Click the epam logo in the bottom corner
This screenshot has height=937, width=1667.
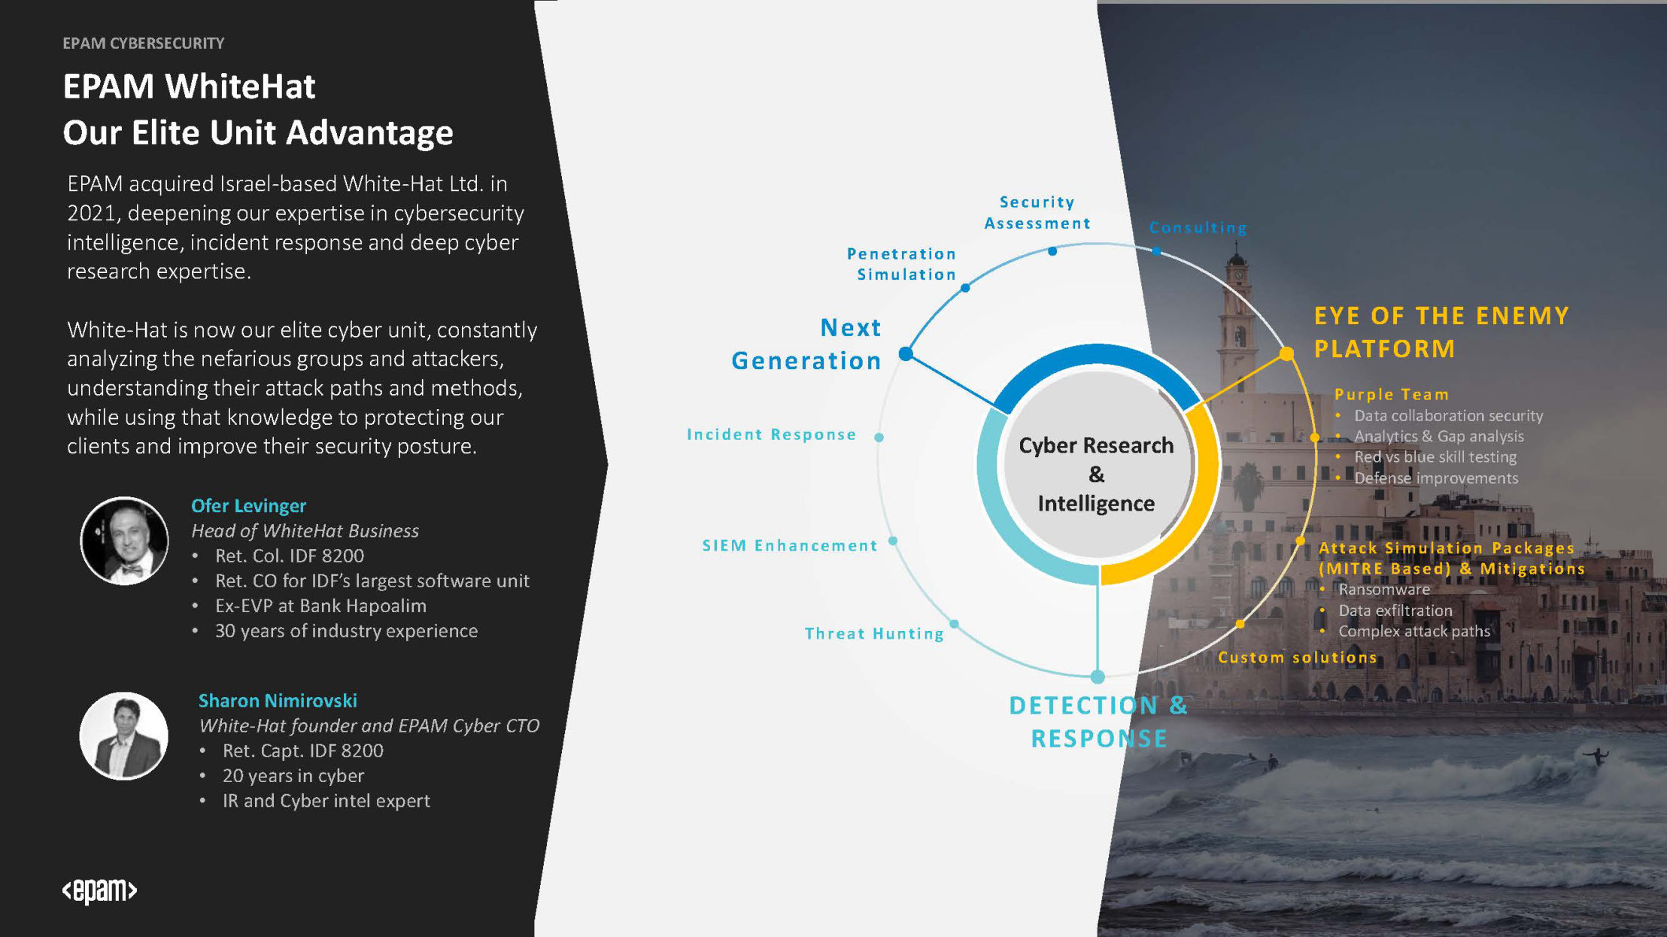click(x=99, y=890)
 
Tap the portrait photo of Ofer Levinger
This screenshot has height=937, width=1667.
click(x=124, y=540)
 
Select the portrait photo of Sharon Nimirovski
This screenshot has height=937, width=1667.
click(x=124, y=735)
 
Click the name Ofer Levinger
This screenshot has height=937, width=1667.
click(x=248, y=506)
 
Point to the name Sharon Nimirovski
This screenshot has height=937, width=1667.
click(x=278, y=701)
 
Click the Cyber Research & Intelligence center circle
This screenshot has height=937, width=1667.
click(x=1097, y=465)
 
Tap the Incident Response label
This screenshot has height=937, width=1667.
click(x=772, y=435)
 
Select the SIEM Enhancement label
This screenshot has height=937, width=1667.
click(x=790, y=546)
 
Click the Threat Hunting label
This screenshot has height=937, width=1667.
click(x=874, y=634)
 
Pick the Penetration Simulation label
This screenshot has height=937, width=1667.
click(x=902, y=264)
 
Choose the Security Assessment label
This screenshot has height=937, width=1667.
click(x=1037, y=213)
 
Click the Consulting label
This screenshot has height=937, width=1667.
click(x=1198, y=228)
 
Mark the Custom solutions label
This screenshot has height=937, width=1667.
click(x=1298, y=657)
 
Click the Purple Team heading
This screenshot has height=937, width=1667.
click(x=1392, y=394)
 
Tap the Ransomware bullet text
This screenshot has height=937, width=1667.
click(x=1384, y=590)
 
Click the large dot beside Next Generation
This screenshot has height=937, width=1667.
click(x=906, y=353)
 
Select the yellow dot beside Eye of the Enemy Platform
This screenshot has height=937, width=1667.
click(x=1286, y=353)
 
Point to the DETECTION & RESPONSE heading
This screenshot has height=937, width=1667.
click(x=1098, y=722)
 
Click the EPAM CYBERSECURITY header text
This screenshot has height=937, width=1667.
click(x=144, y=44)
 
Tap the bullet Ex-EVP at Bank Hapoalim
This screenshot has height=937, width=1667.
click(x=320, y=606)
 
